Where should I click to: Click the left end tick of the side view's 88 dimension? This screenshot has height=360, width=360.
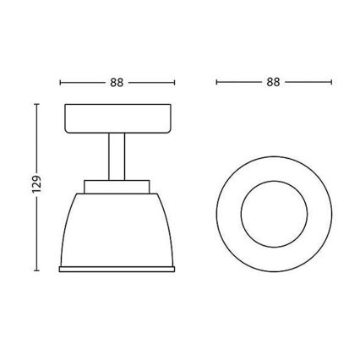coord(62,83)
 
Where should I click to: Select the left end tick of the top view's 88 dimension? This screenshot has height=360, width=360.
coord(216,83)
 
